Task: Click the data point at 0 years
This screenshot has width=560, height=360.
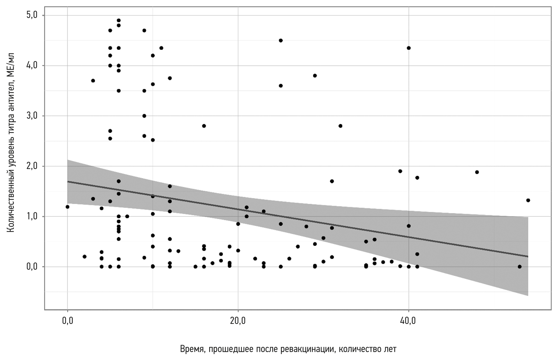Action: tap(67, 207)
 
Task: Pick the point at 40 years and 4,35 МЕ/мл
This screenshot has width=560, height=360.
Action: tap(409, 48)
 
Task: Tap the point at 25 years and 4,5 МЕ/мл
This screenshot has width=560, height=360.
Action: tap(281, 40)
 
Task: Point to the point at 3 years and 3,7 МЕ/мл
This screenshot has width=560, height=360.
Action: tap(93, 81)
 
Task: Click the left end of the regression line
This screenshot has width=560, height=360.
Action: tap(68, 181)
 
